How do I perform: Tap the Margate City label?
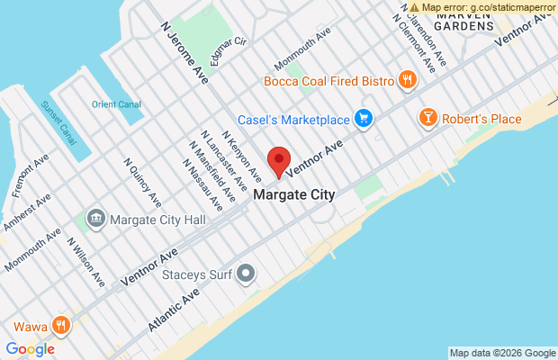[x=293, y=194]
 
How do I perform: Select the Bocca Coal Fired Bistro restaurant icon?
[x=408, y=81]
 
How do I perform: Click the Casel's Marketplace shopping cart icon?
[x=364, y=119]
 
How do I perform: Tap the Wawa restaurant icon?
[x=61, y=326]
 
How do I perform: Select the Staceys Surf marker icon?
[x=246, y=274]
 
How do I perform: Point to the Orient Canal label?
[x=114, y=104]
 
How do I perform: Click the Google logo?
[x=31, y=349]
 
